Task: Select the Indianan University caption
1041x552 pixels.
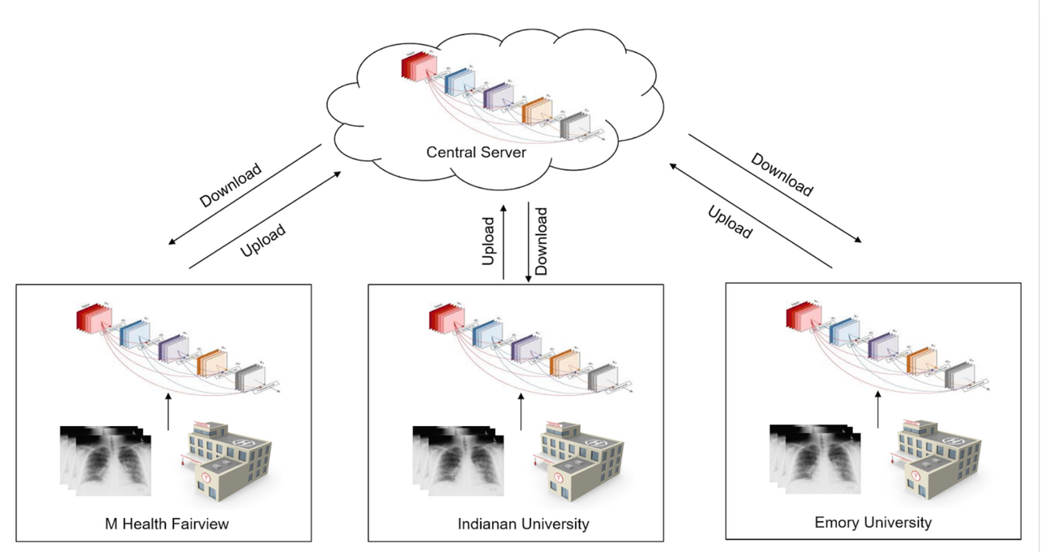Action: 523,524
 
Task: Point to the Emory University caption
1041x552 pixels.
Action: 873,521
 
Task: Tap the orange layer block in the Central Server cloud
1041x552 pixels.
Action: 537,110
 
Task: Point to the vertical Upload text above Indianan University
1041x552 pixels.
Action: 489,241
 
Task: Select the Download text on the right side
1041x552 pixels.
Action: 782,175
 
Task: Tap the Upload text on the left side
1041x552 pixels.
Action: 263,241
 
